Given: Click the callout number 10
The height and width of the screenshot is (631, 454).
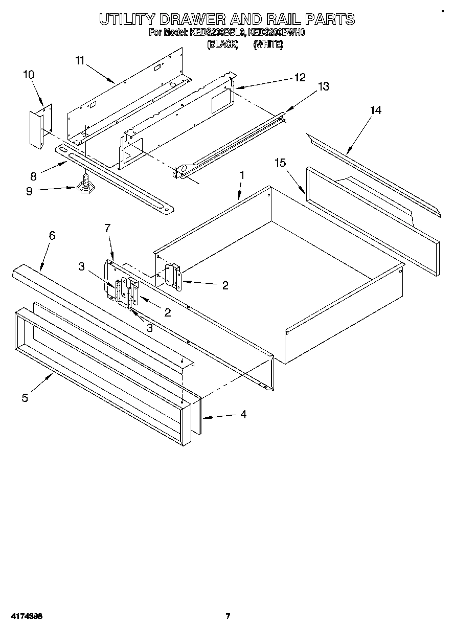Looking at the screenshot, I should (x=29, y=75).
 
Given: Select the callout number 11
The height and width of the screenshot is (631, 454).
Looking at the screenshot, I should (x=79, y=61).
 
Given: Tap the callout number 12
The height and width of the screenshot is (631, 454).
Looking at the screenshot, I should (x=300, y=77).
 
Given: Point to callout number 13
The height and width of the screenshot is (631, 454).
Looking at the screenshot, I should (x=324, y=86).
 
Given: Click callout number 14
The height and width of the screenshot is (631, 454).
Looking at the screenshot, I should (x=376, y=110).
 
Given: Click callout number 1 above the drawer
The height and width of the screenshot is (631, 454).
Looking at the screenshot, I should (x=242, y=175).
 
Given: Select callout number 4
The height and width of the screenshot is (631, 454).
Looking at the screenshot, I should (x=243, y=415).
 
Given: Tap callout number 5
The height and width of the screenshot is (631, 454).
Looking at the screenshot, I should (x=25, y=397).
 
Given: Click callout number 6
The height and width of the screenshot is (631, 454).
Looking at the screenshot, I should (x=52, y=236).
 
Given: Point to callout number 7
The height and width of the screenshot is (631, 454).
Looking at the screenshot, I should (x=107, y=228).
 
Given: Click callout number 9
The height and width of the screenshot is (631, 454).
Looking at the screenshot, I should (x=29, y=191).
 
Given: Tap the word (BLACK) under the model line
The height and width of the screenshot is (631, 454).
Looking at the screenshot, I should (x=223, y=44).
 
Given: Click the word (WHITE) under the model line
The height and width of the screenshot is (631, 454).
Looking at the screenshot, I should (x=268, y=44).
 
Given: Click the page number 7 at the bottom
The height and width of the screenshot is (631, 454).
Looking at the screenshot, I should (x=228, y=616).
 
